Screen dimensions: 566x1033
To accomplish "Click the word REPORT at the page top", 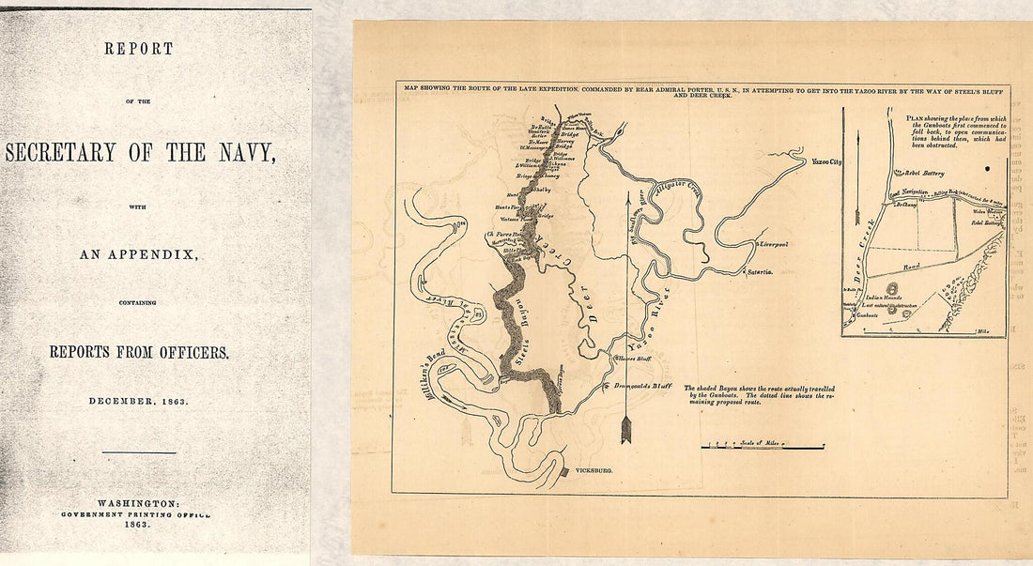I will tap(138, 49).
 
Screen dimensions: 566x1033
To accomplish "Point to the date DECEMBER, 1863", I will tap(139, 401).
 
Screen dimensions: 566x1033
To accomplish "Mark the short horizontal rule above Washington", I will tap(139, 453).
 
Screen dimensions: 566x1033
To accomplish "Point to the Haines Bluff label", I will tap(634, 359).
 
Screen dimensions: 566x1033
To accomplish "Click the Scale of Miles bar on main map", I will tap(763, 447).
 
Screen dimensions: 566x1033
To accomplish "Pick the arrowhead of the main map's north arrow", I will tap(627, 432).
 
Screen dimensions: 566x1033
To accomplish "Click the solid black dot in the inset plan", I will tap(988, 168).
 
